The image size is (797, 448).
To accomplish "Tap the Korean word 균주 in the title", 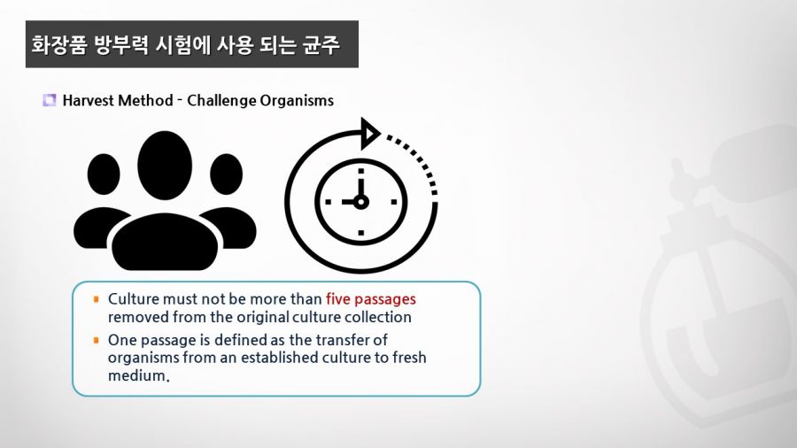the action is (x=321, y=44).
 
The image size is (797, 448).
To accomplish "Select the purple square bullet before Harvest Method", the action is (x=50, y=100).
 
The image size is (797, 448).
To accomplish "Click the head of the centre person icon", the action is (x=165, y=165).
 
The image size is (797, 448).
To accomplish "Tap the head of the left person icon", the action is (x=104, y=174).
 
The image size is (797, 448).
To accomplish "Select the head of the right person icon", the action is (x=226, y=174).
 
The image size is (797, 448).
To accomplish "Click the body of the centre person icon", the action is (x=165, y=242).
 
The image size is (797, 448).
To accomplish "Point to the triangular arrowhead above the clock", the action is (x=369, y=134).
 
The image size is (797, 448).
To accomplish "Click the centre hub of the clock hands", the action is (x=361, y=202).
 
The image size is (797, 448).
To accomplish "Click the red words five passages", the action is (x=370, y=298).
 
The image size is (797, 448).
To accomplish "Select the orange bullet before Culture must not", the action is (x=97, y=299).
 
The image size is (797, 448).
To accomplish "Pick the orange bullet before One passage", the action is (x=97, y=340).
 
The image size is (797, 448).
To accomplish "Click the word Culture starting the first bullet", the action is (x=133, y=298).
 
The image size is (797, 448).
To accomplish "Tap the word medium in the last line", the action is (x=137, y=375).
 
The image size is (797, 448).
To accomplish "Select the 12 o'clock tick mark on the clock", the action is (x=361, y=171).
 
